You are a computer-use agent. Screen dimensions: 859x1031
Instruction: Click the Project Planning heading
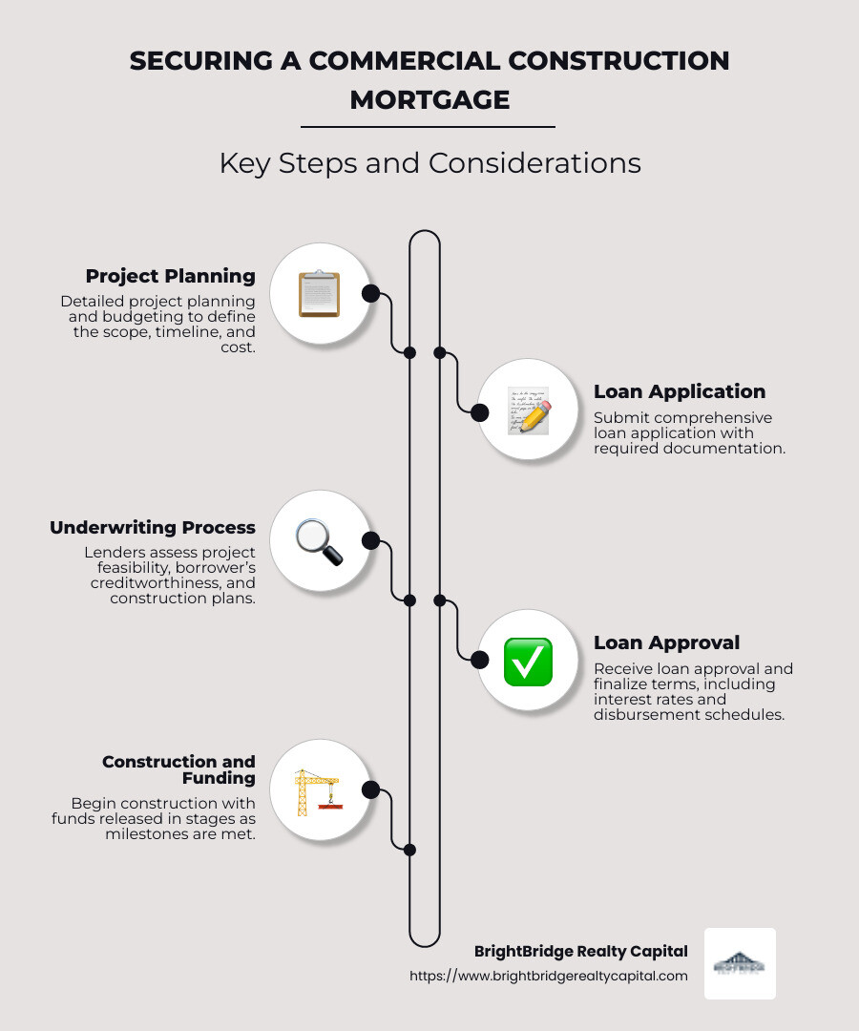[170, 277]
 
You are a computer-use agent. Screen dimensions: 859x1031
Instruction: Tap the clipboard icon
[319, 293]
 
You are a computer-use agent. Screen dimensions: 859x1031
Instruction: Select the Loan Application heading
[679, 391]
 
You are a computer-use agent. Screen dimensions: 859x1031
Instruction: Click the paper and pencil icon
[528, 410]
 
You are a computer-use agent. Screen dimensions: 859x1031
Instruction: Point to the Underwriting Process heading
[153, 528]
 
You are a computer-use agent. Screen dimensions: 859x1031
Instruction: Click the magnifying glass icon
[319, 541]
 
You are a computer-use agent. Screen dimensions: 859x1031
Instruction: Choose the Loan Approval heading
[666, 642]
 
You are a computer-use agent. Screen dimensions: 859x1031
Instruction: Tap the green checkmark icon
[528, 662]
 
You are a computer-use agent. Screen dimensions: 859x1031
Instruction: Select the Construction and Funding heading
[178, 769]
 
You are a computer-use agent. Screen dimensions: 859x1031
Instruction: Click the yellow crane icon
[318, 791]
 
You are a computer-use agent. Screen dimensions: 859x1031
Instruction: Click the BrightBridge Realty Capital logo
[740, 964]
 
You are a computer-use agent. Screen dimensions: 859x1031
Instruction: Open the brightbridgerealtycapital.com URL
[549, 976]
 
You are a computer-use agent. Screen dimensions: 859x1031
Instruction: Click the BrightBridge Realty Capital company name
[580, 951]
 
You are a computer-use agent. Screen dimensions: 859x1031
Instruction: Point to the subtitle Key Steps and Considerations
[429, 163]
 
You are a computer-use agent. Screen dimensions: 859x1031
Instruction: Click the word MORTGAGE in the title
[429, 99]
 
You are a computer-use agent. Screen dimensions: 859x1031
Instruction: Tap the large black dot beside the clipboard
[371, 293]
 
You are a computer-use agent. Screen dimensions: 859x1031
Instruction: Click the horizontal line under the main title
[428, 126]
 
